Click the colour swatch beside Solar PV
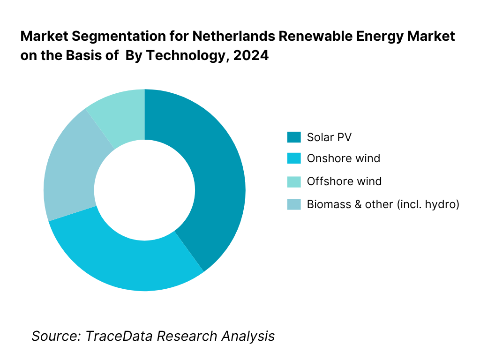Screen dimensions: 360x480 tap(294, 137)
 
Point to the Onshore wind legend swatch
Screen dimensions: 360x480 tap(294, 158)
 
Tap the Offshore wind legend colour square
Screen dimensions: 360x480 tap(294, 181)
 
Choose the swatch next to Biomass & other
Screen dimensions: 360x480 tap(294, 204)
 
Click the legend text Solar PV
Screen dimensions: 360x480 tap(329, 137)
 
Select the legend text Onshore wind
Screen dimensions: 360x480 tap(344, 158)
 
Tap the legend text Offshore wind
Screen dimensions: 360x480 tap(344, 181)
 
